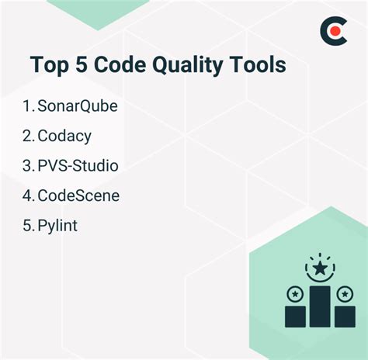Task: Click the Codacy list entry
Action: (x=64, y=136)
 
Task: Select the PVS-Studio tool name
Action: (x=77, y=166)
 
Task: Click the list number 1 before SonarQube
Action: (x=27, y=106)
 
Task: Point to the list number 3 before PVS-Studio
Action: (x=28, y=166)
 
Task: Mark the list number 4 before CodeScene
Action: (x=28, y=196)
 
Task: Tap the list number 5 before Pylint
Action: (x=28, y=226)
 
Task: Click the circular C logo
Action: (x=335, y=32)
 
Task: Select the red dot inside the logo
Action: (x=336, y=32)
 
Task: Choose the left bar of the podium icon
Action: (x=295, y=315)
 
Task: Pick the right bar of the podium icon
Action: (x=345, y=315)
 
